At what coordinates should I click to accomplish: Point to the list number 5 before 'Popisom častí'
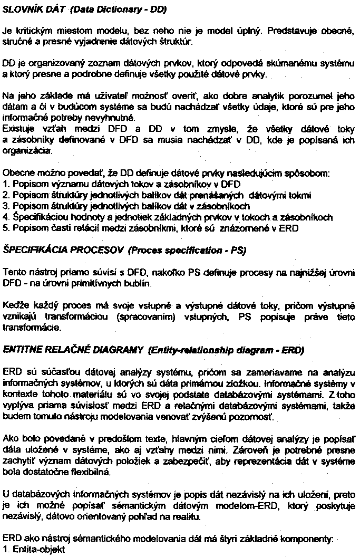tap(5, 228)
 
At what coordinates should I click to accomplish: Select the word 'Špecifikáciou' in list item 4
tap(35, 217)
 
